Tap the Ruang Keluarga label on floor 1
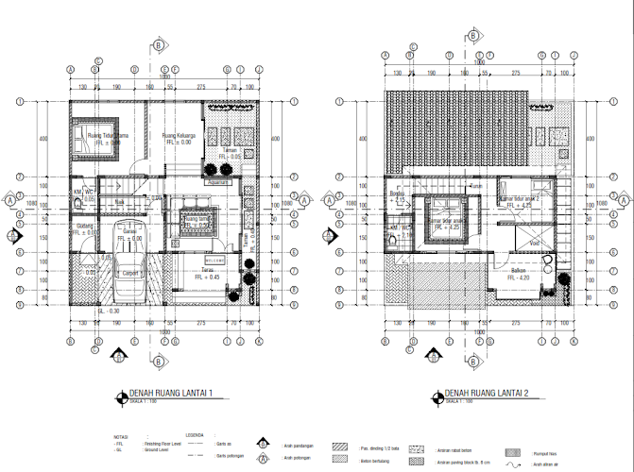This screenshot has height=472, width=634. pyautogui.click(x=178, y=135)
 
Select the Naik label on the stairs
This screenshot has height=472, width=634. pyautogui.click(x=120, y=201)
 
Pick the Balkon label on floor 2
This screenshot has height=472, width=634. pyautogui.click(x=519, y=270)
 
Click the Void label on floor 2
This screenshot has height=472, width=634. pyautogui.click(x=535, y=242)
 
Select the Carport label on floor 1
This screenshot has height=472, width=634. pyautogui.click(x=132, y=274)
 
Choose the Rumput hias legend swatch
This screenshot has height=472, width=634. pyautogui.click(x=516, y=452)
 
